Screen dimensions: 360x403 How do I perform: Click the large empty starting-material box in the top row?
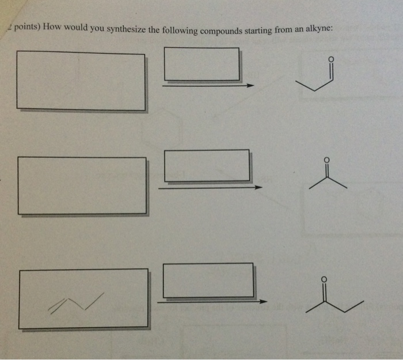[x=81, y=81]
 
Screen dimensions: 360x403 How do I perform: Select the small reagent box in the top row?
[x=201, y=64]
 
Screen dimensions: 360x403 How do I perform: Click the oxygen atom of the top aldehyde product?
[x=330, y=59]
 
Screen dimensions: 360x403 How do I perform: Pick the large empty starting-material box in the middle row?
[x=82, y=185]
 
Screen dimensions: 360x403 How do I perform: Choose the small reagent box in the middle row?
[x=207, y=165]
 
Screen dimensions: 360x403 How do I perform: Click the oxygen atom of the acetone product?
[x=326, y=160]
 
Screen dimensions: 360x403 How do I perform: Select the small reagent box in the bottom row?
[x=208, y=281]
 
